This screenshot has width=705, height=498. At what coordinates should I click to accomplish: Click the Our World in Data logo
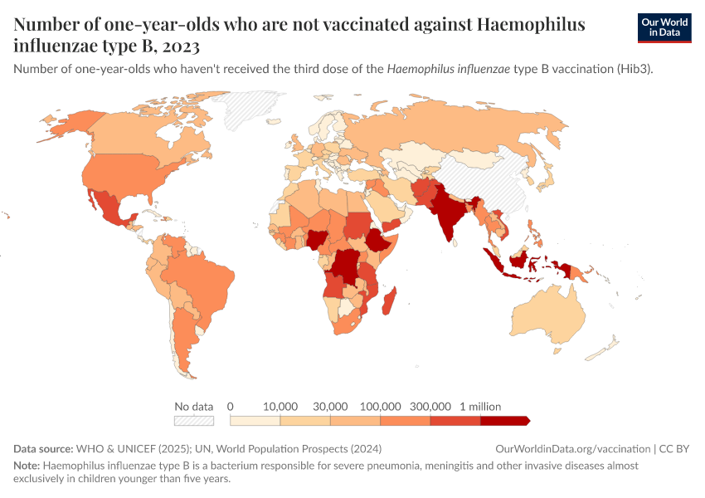click(x=664, y=27)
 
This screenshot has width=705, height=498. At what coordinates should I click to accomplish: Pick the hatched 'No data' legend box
click(x=193, y=421)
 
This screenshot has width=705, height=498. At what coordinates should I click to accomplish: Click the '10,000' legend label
click(x=280, y=407)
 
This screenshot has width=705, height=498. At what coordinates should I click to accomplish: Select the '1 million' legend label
click(x=480, y=407)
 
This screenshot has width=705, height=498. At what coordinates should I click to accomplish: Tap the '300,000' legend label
click(x=430, y=407)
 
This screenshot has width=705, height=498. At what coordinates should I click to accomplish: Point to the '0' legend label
click(x=230, y=407)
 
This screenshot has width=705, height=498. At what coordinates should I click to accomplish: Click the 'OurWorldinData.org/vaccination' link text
click(x=571, y=449)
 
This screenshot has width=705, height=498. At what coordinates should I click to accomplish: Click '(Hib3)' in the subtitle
click(x=634, y=70)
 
